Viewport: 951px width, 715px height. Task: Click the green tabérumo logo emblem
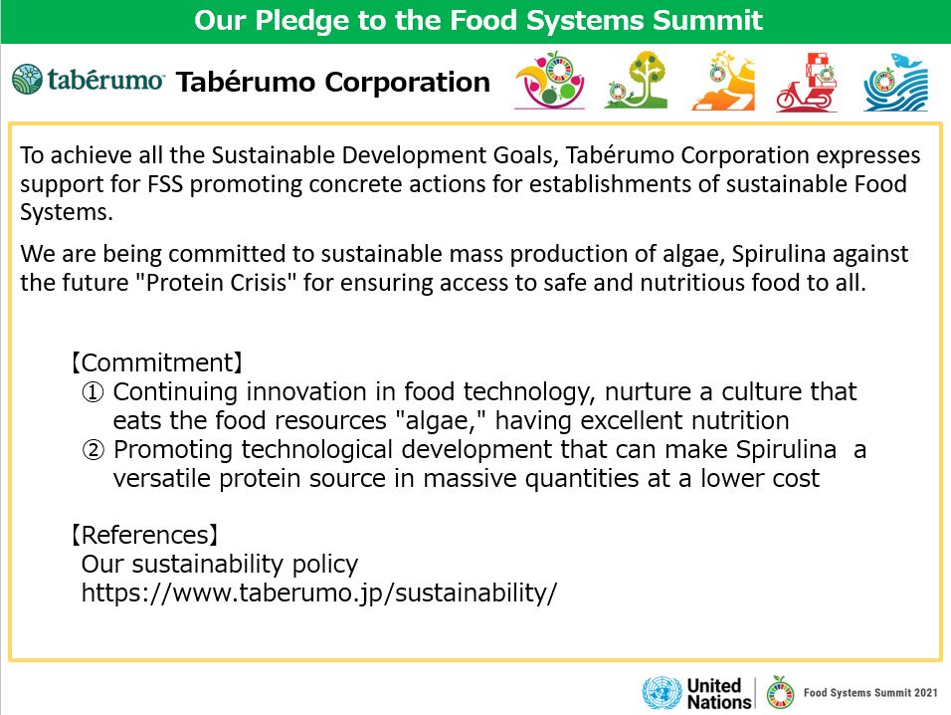27,80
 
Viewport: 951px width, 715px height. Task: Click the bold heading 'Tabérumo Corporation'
333,82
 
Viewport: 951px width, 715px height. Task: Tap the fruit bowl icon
549,80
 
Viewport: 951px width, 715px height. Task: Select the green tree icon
637,80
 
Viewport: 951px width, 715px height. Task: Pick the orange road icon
723,81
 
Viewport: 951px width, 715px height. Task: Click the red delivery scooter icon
807,82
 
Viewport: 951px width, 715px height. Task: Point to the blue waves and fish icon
896,82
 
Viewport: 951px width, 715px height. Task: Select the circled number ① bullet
93,392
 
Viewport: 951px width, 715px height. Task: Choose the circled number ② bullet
93,450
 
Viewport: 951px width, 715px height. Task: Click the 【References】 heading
144,535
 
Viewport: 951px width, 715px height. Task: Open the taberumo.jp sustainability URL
319,593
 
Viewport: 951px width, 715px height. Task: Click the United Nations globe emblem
662,692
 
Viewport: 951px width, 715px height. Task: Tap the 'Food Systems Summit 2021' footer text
870,692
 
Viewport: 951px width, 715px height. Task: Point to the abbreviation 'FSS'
165,184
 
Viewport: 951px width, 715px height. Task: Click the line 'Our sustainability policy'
220,565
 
